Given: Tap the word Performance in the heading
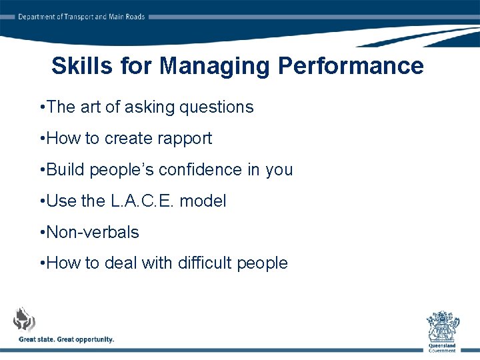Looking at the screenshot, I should (351, 66).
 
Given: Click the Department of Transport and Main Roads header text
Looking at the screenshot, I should (81, 17).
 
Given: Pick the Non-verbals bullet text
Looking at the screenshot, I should (93, 232).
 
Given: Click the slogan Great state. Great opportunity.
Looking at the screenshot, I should (67, 339).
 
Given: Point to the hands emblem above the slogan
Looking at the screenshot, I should (25, 319).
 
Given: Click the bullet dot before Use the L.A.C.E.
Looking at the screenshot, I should (43, 201).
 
